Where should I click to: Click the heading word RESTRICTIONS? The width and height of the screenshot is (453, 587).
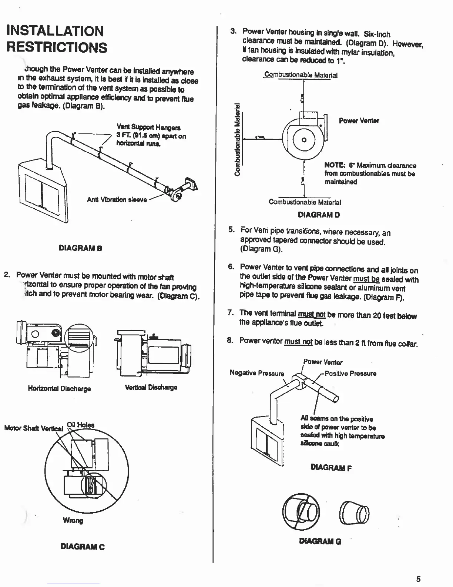57,47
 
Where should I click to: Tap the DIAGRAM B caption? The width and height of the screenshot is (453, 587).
80,248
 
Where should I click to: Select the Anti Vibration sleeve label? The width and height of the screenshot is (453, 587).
117,200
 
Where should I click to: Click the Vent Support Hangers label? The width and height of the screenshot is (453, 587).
148,127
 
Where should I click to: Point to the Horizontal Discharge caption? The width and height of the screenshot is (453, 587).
59,388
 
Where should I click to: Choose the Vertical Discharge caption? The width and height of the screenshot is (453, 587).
151,388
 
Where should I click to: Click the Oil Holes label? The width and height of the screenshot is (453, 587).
80,425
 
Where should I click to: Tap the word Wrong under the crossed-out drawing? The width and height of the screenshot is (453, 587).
73,520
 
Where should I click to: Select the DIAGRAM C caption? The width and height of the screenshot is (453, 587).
83,547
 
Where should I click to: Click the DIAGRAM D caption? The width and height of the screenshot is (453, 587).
319,215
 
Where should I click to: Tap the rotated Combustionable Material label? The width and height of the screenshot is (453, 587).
238,139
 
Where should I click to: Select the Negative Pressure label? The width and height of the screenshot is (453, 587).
257,373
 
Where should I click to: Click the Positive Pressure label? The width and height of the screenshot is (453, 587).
350,374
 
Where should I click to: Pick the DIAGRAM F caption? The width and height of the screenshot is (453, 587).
331,468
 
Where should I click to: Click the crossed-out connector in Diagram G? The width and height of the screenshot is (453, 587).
301,512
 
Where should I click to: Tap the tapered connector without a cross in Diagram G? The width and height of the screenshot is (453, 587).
354,513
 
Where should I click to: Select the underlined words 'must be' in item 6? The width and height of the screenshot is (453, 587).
366,279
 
